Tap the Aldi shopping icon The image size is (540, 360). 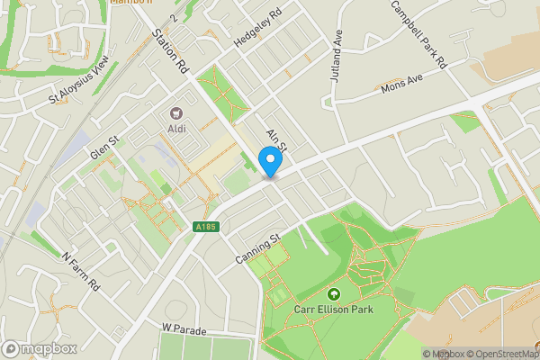176,114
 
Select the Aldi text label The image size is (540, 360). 176,130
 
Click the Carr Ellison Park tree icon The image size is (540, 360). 334,294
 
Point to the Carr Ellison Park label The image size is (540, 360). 334,310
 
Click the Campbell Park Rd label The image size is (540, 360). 418,34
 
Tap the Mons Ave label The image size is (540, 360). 400,85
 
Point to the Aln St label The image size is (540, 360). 275,139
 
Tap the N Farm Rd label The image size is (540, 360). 81,269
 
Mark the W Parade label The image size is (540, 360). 184,328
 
